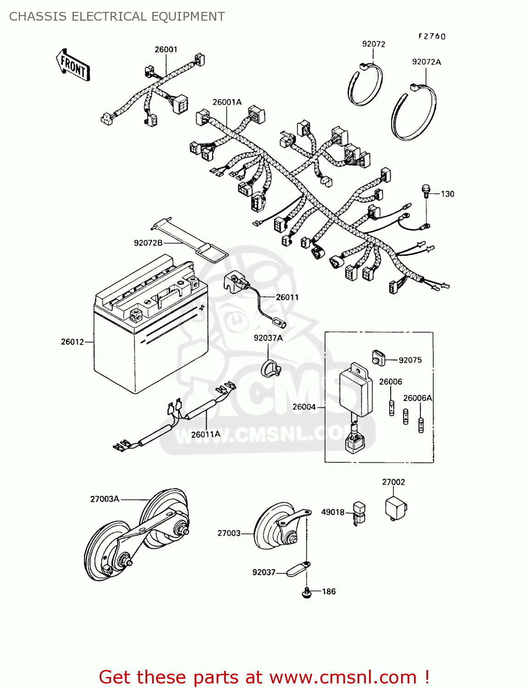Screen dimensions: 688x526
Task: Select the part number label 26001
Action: pos(166,50)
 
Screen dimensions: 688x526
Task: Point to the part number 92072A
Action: pos(426,62)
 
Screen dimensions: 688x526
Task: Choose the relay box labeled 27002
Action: pos(395,507)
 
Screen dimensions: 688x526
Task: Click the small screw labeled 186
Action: pos(306,593)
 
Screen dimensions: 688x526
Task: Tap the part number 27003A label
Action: pos(105,499)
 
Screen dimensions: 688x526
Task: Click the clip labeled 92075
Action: pos(378,358)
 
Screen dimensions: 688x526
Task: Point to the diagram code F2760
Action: pos(431,36)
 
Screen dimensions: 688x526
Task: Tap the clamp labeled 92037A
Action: pos(270,368)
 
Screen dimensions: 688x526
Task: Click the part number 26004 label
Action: pos(304,407)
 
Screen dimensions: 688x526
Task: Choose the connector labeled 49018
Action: pos(359,512)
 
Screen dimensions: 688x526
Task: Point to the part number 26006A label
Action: pos(417,398)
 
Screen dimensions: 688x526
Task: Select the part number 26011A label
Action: pos(206,434)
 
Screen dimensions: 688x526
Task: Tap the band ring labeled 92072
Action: pos(365,84)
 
